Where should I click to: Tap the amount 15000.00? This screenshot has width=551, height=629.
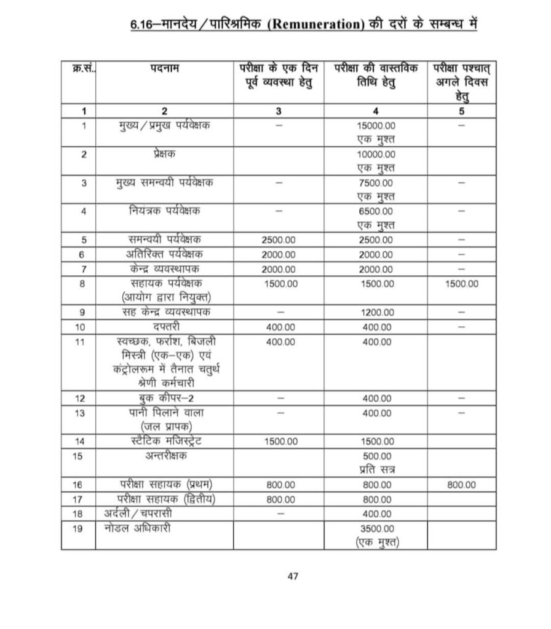pos(376,125)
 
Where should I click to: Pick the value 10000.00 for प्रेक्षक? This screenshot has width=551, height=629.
pos(376,154)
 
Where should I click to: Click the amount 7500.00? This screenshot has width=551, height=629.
pos(376,183)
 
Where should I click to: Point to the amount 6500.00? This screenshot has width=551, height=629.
pos(376,211)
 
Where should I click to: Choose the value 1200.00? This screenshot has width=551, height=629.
pos(376,312)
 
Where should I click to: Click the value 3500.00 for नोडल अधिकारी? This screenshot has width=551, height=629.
pos(376,528)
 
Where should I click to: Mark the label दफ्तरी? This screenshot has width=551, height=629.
pos(164,327)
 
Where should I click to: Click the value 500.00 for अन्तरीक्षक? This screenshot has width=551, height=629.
pos(376,456)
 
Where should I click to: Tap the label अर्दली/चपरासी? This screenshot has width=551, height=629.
pos(140,513)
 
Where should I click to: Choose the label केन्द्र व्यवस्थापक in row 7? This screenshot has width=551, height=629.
pos(164,269)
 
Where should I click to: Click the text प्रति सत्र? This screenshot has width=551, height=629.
pos(376,470)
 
